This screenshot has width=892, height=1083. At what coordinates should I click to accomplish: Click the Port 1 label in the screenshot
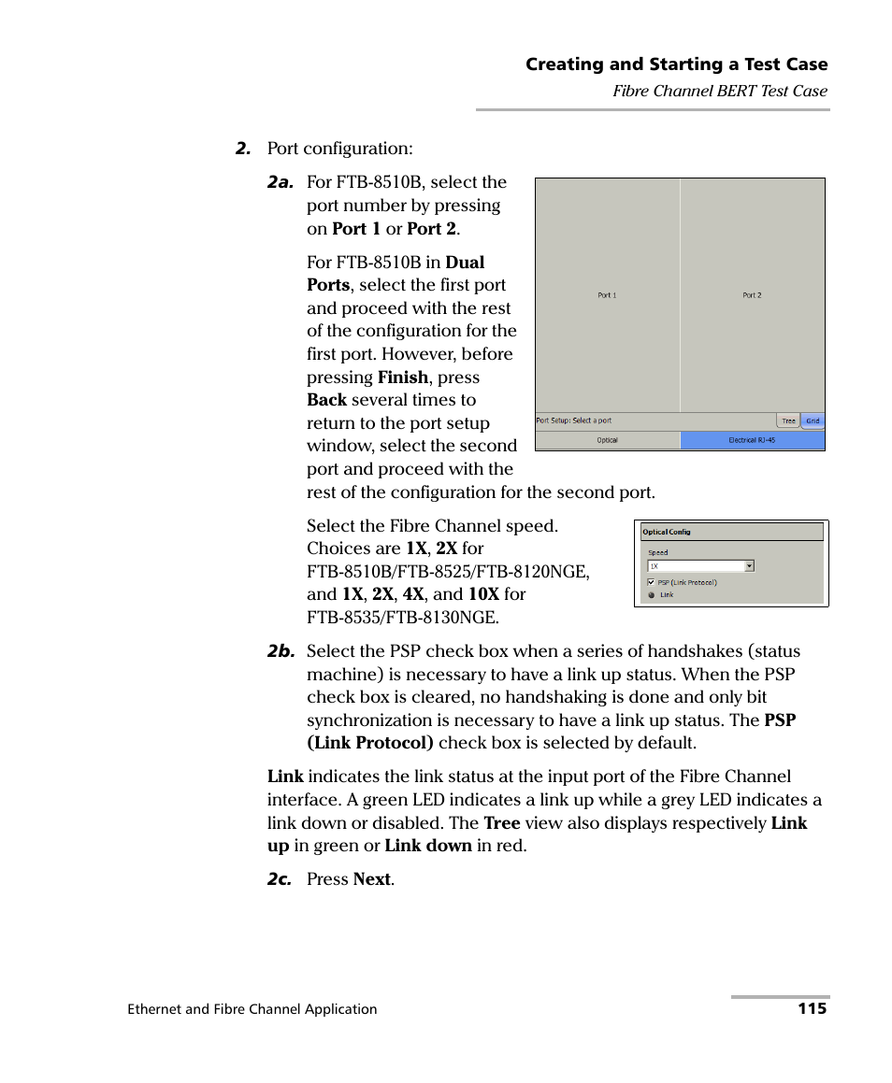(x=607, y=295)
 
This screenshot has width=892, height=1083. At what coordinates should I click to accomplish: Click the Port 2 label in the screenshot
(x=752, y=295)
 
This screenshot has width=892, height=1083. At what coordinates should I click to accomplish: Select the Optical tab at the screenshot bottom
(x=607, y=440)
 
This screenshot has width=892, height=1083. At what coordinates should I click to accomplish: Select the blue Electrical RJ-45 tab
(x=752, y=440)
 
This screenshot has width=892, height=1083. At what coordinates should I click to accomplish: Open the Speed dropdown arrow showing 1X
(x=749, y=566)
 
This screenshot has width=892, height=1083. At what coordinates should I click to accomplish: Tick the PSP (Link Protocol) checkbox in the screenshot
(x=652, y=582)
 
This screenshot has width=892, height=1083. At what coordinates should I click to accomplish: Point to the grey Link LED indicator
(x=652, y=595)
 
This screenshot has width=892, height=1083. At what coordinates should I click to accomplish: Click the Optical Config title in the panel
(x=667, y=532)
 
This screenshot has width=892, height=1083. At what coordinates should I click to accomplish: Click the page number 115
(x=812, y=1009)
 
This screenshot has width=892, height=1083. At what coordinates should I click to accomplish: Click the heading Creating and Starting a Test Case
(x=676, y=64)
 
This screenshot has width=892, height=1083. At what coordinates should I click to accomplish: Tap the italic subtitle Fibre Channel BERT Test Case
(x=720, y=91)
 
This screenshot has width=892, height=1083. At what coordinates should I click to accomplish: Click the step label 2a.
(x=281, y=183)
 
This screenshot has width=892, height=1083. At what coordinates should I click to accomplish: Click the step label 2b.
(x=281, y=652)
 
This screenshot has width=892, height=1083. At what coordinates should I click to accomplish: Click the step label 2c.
(x=280, y=879)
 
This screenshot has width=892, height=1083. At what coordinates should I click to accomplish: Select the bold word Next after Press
(x=373, y=879)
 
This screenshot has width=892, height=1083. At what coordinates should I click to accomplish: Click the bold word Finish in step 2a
(x=402, y=378)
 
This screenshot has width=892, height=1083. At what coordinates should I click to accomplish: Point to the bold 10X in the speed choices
(x=483, y=594)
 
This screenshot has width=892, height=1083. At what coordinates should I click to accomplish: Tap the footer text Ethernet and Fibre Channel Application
(x=252, y=1009)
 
